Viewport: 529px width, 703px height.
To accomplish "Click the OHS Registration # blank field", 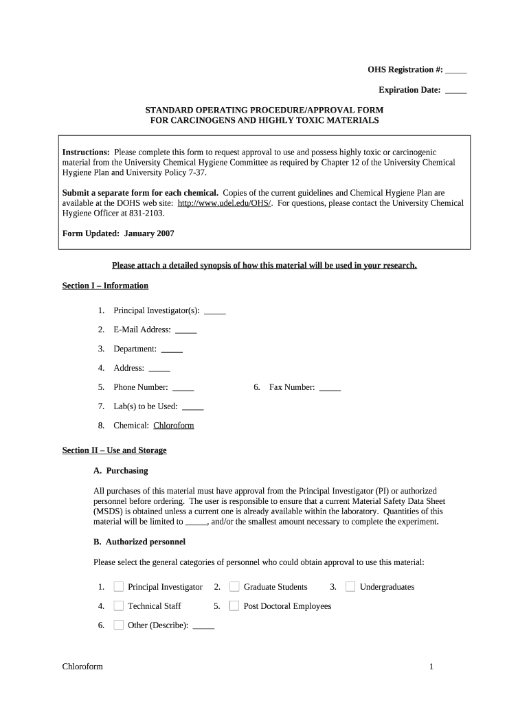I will click(456, 71).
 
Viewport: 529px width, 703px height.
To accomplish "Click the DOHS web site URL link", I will click(225, 203).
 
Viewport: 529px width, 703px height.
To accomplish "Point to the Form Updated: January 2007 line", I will click(118, 233).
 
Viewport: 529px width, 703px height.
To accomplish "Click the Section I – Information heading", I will click(105, 286).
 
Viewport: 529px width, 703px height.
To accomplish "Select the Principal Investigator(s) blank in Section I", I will click(215, 311).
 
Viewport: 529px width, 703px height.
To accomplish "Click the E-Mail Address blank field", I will click(186, 330).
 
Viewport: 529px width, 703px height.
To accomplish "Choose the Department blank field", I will click(172, 349).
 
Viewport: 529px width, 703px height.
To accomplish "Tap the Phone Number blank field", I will click(183, 388).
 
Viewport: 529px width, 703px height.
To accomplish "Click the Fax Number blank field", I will click(330, 388).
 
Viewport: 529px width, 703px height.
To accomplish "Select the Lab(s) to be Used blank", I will click(193, 407).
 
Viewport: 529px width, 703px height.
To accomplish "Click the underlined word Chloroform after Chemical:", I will click(174, 426).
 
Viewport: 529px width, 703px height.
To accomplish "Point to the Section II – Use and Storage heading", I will click(114, 450).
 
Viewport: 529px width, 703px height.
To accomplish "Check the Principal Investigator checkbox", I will click(118, 587).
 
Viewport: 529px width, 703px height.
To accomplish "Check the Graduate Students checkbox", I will click(234, 587).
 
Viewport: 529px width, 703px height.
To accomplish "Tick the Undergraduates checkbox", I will click(350, 587).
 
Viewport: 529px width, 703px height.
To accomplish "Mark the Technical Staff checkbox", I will click(118, 606).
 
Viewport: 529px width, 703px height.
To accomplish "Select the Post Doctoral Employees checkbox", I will click(234, 606).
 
